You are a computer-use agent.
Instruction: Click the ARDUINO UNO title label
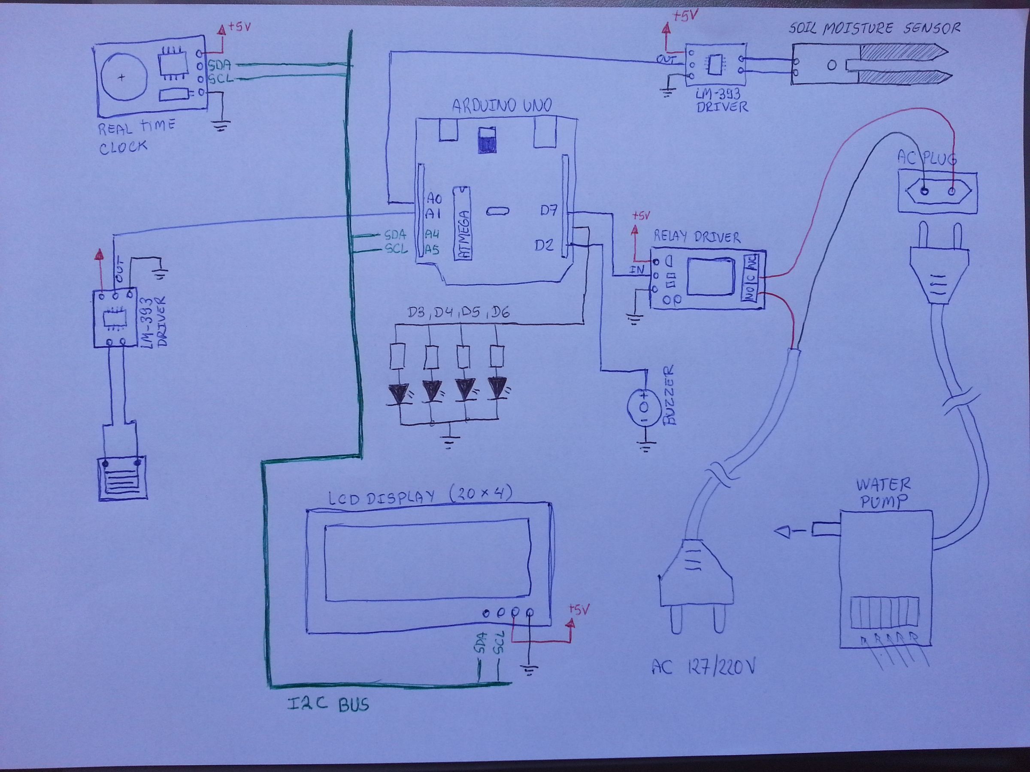point(502,105)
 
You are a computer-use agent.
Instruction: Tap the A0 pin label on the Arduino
point(434,199)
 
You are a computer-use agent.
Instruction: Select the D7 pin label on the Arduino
point(548,211)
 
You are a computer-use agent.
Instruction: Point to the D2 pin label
point(544,245)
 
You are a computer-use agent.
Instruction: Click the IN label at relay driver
point(636,269)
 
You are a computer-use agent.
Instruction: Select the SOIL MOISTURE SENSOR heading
point(875,28)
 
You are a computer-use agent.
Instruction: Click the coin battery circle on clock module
point(123,78)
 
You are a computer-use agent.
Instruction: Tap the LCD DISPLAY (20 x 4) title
point(421,496)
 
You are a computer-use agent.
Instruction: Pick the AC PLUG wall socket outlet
point(937,192)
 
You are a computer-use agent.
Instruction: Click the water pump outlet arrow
point(785,531)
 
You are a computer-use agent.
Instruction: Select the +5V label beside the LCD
point(580,609)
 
